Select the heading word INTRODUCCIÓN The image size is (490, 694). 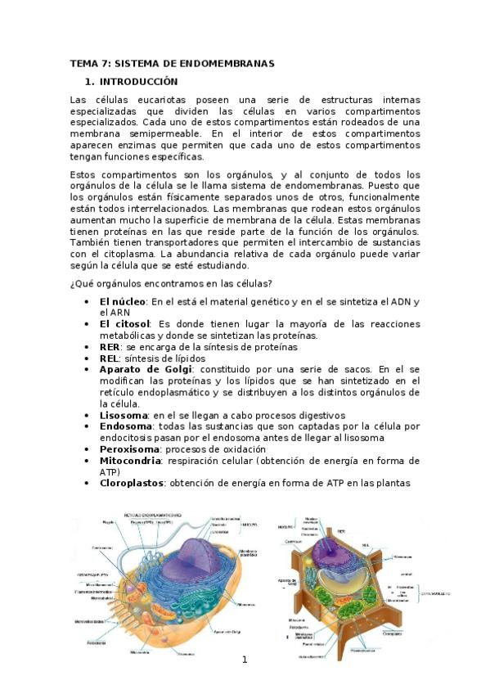click(139, 82)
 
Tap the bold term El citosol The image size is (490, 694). click(126, 324)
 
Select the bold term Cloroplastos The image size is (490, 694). click(132, 483)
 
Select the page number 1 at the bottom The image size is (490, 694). click(244, 660)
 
